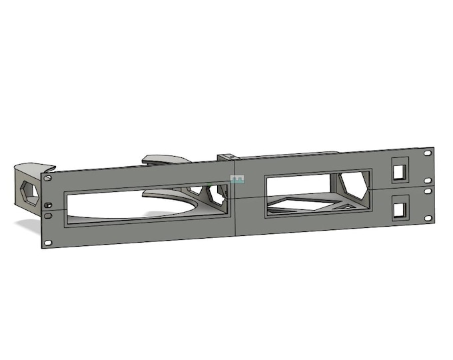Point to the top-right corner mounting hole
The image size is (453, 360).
[427, 153]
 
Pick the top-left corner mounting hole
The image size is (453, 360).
[47, 178]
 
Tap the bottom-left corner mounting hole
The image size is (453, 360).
[47, 241]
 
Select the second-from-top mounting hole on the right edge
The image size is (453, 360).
[427, 175]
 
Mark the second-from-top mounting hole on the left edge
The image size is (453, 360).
[47, 203]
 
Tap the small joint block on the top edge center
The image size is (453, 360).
[226, 157]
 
